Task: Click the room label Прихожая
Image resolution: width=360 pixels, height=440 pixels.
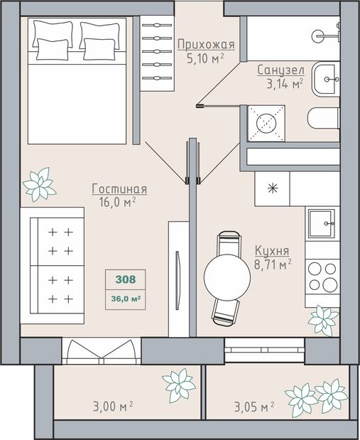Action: click(206, 45)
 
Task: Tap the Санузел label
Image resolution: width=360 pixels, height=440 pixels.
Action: click(281, 70)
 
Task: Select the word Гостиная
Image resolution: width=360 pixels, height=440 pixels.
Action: click(119, 189)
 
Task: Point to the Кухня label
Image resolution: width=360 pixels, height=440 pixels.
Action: click(272, 251)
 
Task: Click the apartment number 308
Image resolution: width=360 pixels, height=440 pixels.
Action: click(126, 279)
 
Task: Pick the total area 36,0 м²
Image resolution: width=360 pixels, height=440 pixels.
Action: click(126, 299)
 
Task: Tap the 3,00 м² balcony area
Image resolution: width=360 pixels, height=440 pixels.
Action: click(113, 406)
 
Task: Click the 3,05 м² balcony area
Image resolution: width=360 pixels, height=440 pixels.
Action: click(254, 407)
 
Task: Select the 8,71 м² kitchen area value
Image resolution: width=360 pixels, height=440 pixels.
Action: click(273, 264)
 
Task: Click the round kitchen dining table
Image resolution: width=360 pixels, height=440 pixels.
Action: click(227, 277)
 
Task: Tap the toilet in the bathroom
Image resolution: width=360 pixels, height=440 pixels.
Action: click(324, 118)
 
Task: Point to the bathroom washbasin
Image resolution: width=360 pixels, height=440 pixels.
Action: click(326, 79)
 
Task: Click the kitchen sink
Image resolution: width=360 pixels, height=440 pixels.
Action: click(322, 224)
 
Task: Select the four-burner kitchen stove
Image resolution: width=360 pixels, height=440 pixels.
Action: click(322, 277)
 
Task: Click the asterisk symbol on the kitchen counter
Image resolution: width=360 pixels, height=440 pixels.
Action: click(273, 188)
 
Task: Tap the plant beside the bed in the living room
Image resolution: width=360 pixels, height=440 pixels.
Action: click(40, 185)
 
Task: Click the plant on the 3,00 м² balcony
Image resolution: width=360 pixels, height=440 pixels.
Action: click(179, 385)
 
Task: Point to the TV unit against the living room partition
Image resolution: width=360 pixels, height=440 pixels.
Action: click(178, 279)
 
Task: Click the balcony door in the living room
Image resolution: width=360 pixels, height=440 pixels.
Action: click(102, 350)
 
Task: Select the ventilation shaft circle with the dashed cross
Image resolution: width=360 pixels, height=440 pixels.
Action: click(266, 124)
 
